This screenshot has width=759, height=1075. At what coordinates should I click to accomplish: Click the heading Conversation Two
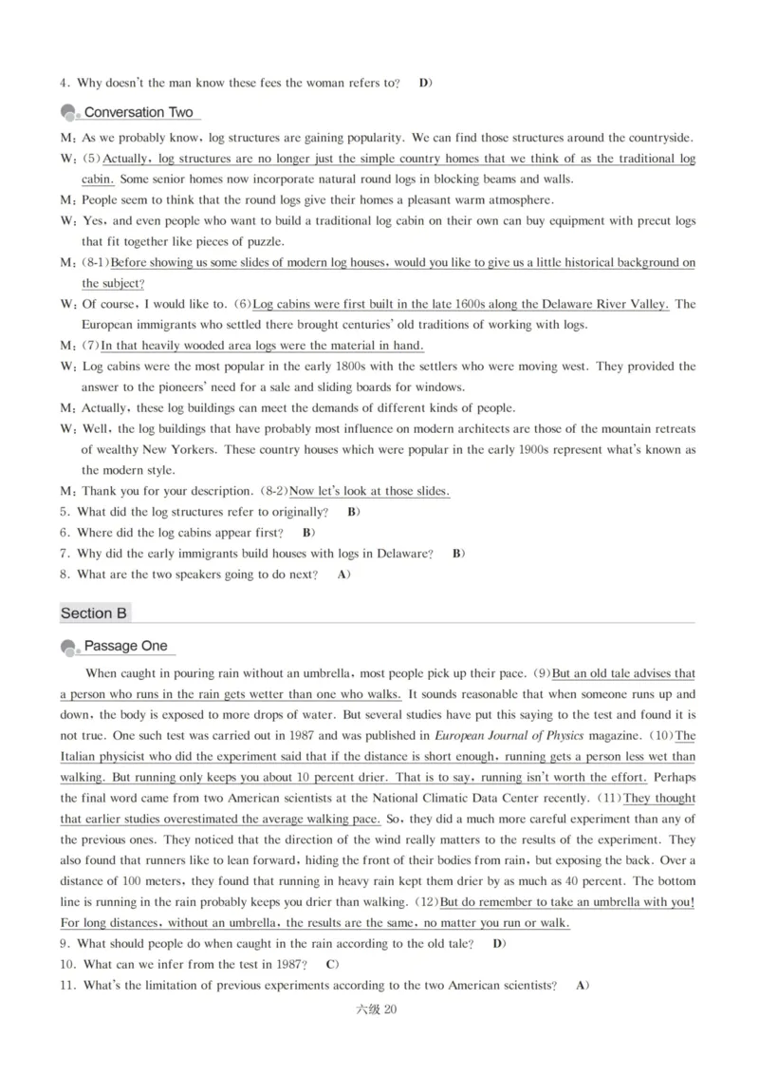point(139,112)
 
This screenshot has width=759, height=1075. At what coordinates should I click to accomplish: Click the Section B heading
point(93,613)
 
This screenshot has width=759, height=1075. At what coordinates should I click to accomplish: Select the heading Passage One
point(126,646)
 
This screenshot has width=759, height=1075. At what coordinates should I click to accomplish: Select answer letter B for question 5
point(352,512)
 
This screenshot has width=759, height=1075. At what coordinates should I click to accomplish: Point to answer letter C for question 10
point(331,965)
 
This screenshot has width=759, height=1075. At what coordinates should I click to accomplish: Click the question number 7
point(64,554)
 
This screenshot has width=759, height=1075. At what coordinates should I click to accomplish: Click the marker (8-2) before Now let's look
point(273,491)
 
